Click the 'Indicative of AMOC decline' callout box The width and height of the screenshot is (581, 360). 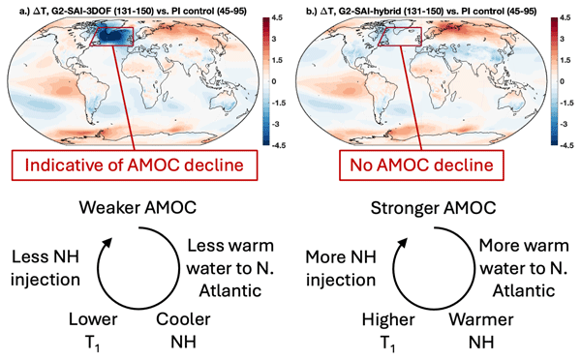[135, 165]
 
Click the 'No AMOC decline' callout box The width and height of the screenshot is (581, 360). [421, 165]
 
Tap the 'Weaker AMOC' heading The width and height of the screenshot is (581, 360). [138, 208]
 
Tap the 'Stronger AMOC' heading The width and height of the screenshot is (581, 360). [433, 208]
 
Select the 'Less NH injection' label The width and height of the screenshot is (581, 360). [46, 268]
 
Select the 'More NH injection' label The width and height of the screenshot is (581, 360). [341, 268]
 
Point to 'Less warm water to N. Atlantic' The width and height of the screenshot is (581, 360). [230, 268]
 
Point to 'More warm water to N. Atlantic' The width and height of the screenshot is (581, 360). [524, 268]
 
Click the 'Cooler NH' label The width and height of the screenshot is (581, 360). [183, 330]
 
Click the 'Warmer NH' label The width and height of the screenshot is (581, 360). [481, 330]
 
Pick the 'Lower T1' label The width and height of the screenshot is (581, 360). [93, 331]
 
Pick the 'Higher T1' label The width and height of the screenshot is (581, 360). [388, 331]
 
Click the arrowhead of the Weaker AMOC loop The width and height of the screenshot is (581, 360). [107, 243]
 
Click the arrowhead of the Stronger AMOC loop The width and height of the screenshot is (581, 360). [403, 243]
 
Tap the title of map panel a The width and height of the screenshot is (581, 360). [133, 11]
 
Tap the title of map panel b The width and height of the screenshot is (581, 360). [421, 11]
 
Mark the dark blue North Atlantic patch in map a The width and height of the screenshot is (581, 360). [113, 38]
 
